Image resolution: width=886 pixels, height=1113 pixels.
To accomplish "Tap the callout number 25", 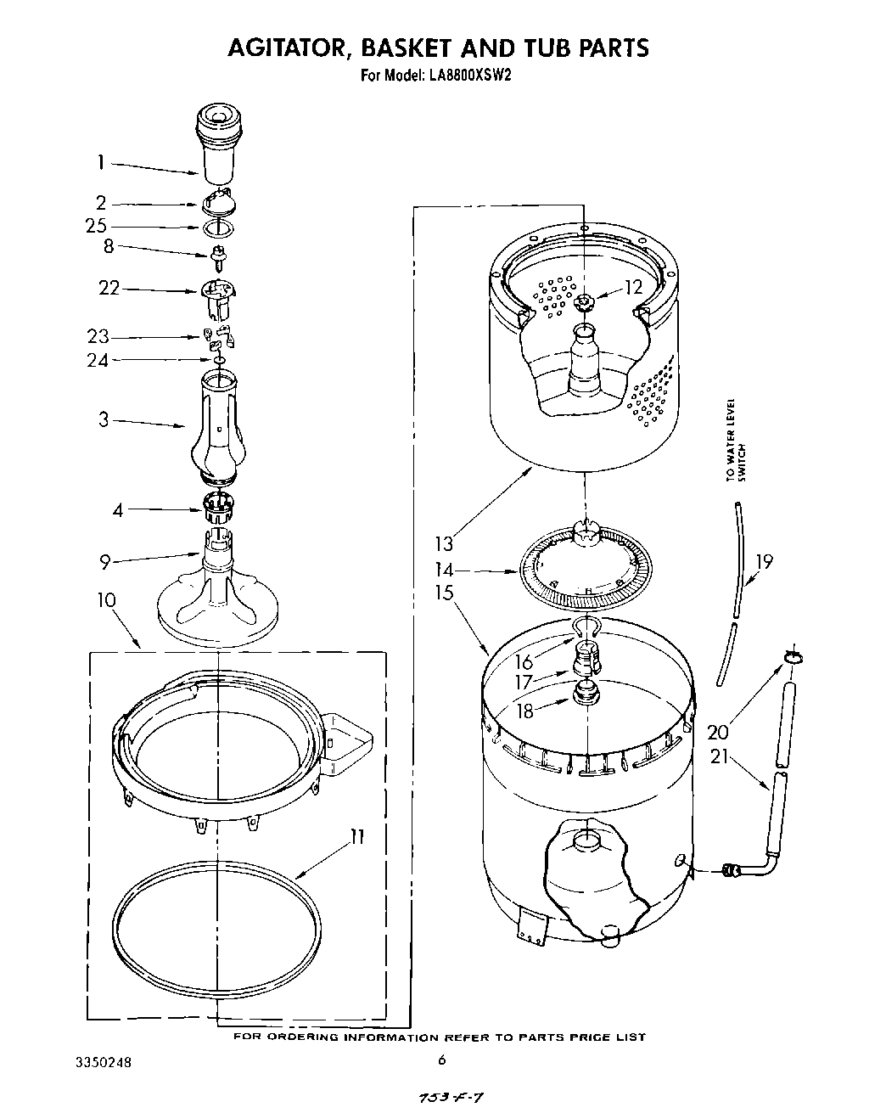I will tap(96, 226).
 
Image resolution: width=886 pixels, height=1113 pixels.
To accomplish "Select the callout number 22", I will tap(109, 289).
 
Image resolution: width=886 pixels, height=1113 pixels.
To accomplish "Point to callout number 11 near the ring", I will tap(357, 838).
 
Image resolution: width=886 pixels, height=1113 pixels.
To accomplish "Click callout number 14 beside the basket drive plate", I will tap(445, 570).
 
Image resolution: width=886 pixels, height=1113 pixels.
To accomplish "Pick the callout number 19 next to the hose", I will tap(764, 561).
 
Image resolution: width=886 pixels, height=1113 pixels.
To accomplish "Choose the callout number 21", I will tap(720, 755).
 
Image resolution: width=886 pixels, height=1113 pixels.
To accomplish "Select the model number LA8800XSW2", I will tap(466, 75).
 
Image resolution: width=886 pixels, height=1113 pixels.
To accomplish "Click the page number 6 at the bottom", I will tap(441, 1060).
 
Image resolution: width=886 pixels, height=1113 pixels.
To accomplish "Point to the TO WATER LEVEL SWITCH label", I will tap(735, 440).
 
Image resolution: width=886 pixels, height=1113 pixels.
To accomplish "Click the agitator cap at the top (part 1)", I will tap(219, 140).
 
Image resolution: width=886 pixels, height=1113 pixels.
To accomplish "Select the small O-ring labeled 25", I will tap(220, 227).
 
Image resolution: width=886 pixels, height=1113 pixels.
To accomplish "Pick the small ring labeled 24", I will tap(219, 361).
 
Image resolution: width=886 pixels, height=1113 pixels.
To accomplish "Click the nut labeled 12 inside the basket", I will tap(585, 301).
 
